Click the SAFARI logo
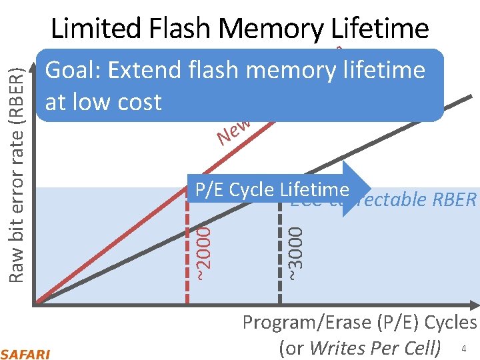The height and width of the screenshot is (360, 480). click(x=25, y=353)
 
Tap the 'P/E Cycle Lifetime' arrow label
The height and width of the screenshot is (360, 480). click(x=272, y=189)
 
